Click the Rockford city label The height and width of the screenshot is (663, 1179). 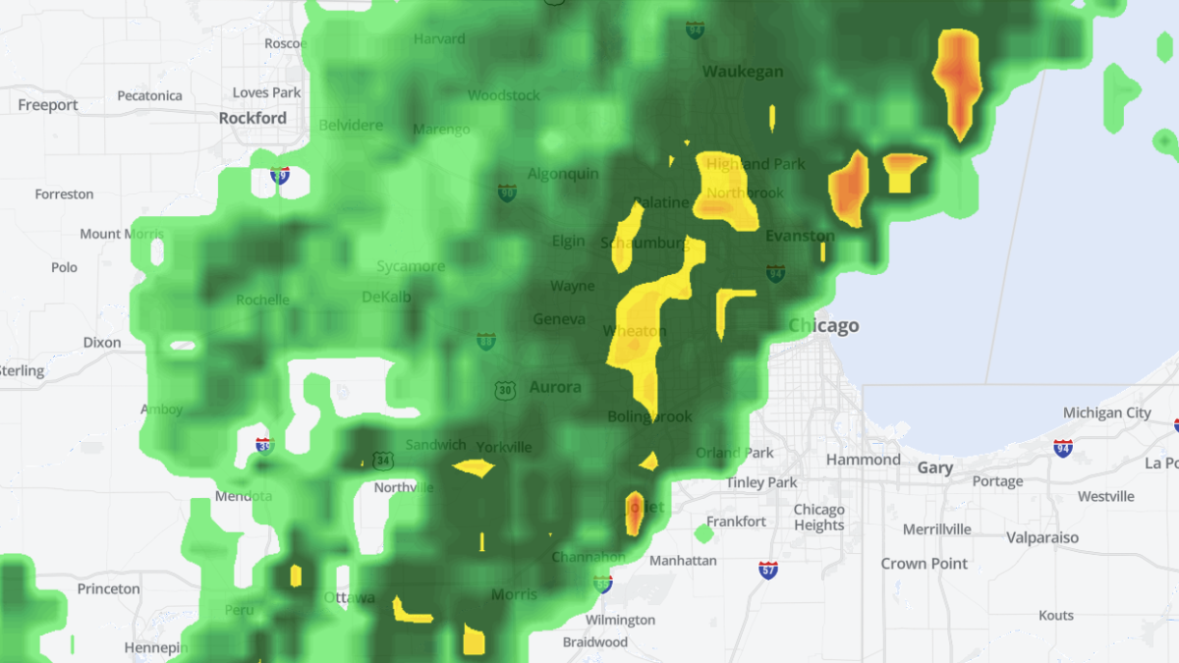click(253, 118)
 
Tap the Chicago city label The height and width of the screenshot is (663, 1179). click(824, 326)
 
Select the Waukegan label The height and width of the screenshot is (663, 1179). click(743, 72)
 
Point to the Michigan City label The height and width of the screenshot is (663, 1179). click(1106, 413)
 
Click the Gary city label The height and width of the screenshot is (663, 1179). click(934, 468)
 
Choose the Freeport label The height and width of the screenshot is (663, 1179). click(48, 105)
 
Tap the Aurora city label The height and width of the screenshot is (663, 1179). click(555, 387)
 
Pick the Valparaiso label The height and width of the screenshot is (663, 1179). click(1041, 537)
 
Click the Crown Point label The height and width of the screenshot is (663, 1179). click(924, 564)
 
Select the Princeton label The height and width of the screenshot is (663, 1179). click(108, 589)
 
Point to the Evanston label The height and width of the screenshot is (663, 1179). click(799, 236)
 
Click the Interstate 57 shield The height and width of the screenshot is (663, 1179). click(768, 569)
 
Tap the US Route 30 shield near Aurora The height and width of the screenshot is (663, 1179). click(505, 390)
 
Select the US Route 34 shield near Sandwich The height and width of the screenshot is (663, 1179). click(383, 460)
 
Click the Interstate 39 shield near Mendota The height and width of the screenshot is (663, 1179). click(264, 446)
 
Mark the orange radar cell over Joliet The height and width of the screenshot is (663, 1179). click(635, 512)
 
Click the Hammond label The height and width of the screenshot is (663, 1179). click(863, 460)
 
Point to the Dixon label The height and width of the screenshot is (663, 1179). click(102, 343)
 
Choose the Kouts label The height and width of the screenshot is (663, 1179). click(1056, 616)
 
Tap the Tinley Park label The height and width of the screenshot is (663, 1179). click(761, 482)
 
